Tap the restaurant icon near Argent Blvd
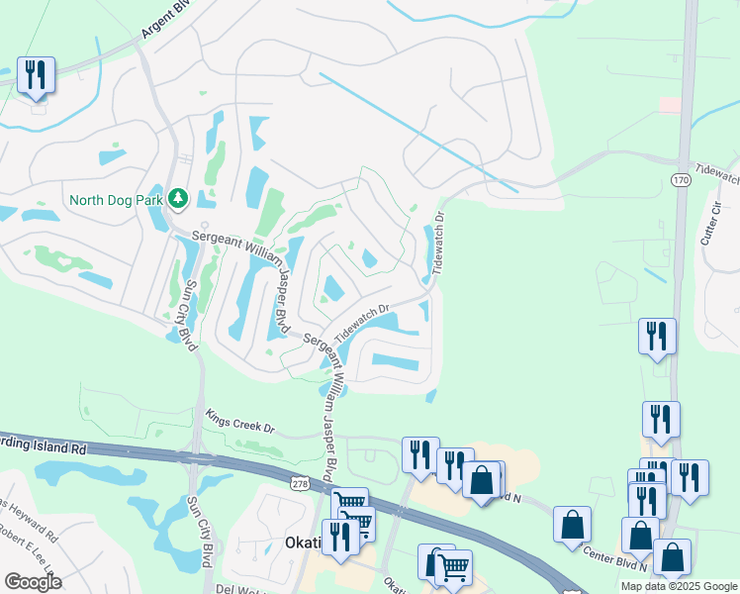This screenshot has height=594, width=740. coord(36,75)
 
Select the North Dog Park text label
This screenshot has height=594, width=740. coord(115,200)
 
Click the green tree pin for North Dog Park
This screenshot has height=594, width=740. coord(178,199)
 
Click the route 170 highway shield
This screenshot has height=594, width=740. coord(680,180)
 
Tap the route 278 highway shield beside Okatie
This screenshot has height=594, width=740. coord(300,484)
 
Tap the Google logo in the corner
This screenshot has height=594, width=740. coord(33,582)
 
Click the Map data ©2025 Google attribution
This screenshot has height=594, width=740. coord(678,586)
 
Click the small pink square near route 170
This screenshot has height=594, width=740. coord(670,104)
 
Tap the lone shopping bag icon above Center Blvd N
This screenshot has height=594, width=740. coord(573,526)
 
